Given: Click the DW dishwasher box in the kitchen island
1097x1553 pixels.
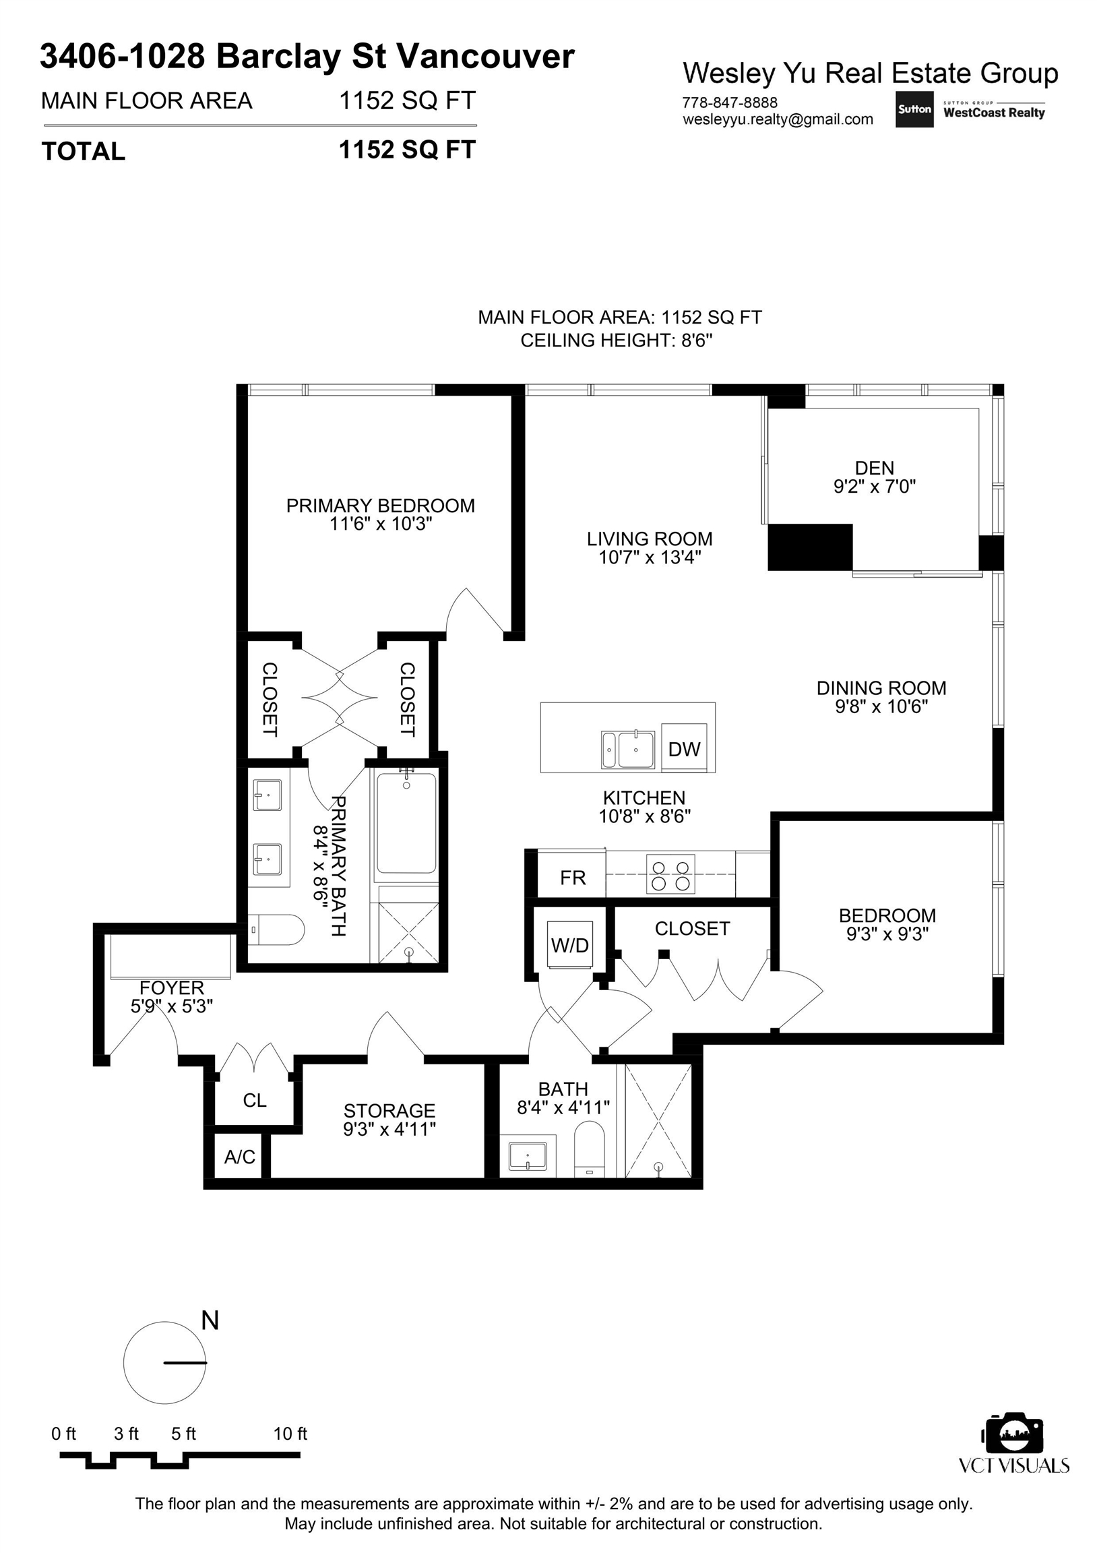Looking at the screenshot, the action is [684, 748].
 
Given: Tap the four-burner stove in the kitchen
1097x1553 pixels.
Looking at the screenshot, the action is [671, 875].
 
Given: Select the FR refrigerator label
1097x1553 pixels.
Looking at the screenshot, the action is [573, 878].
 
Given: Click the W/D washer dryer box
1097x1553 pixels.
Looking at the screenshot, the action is [570, 944].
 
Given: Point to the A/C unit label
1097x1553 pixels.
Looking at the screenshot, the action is [240, 1157].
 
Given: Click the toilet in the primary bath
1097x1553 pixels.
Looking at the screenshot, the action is [277, 930].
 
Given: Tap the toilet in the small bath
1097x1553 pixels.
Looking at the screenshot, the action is [589, 1148].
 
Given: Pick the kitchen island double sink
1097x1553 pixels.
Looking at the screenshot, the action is [628, 750].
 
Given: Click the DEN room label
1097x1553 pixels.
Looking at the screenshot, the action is [875, 468].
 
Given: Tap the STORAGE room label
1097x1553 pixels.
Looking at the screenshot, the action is [389, 1111].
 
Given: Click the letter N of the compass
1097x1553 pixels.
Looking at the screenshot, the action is [210, 1320].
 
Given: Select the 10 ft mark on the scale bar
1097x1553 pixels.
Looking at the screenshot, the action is [290, 1433].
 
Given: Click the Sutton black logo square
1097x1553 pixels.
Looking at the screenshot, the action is [914, 110].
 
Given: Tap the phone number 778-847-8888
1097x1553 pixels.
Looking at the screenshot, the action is [730, 103].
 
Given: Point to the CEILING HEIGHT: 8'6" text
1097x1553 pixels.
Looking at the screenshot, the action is [617, 340].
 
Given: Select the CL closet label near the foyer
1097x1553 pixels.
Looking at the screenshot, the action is [255, 1101].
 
